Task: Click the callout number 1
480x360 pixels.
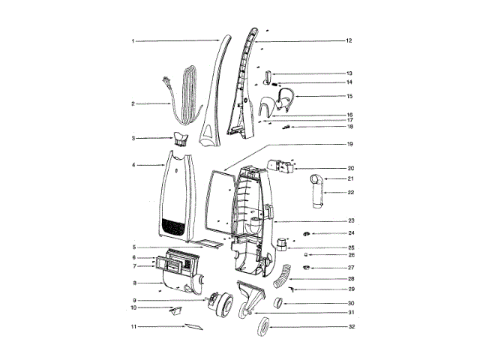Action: [133, 41]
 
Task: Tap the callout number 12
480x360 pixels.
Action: [349, 40]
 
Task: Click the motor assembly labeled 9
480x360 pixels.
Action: [220, 304]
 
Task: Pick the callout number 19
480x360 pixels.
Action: [350, 144]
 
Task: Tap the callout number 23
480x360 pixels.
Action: [351, 220]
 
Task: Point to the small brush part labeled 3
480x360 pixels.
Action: [181, 139]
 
